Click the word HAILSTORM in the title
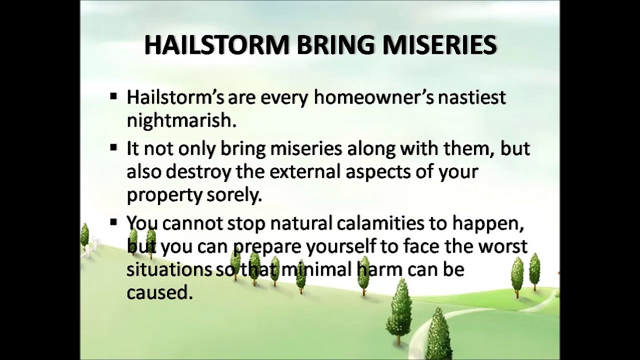tap(217, 45)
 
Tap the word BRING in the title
tap(335, 45)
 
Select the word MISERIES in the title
tap(439, 45)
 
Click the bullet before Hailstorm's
tap(113, 96)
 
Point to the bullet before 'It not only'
tap(113, 147)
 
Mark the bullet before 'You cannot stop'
tap(113, 222)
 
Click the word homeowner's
tap(373, 97)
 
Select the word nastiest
tap(471, 97)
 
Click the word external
tap(305, 171)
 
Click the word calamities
tap(380, 223)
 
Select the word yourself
tap(340, 247)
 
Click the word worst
tap(502, 246)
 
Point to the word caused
tap(158, 292)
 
